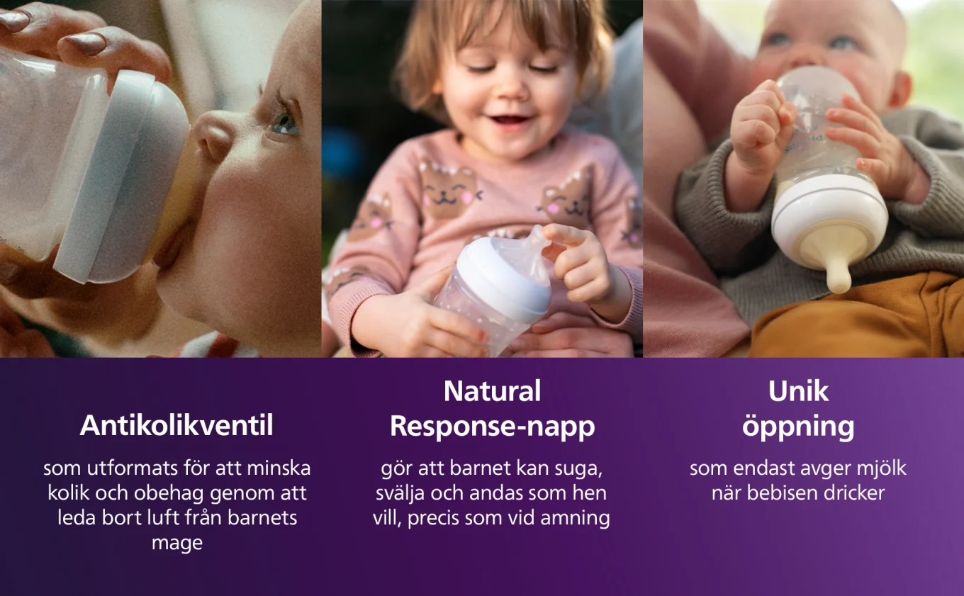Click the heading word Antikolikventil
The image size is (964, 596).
(176, 426)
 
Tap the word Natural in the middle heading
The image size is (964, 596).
(492, 391)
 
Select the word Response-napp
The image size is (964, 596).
(492, 427)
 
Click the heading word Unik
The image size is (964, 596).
(798, 391)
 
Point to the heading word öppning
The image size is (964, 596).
(798, 428)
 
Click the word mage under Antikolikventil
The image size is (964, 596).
(176, 543)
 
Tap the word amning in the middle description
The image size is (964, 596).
(575, 517)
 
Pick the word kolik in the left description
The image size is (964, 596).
(67, 493)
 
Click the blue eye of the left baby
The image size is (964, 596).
(285, 125)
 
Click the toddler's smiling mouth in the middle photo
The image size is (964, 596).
(510, 120)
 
